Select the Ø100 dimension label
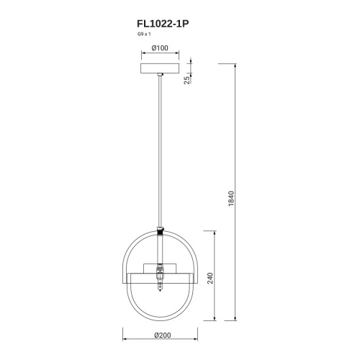160,49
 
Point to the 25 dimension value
186,79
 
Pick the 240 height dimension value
210,279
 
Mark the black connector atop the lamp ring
159,232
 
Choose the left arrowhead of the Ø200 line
123,338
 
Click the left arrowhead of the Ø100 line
141,55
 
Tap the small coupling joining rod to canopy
159,77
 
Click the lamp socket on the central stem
159,274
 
